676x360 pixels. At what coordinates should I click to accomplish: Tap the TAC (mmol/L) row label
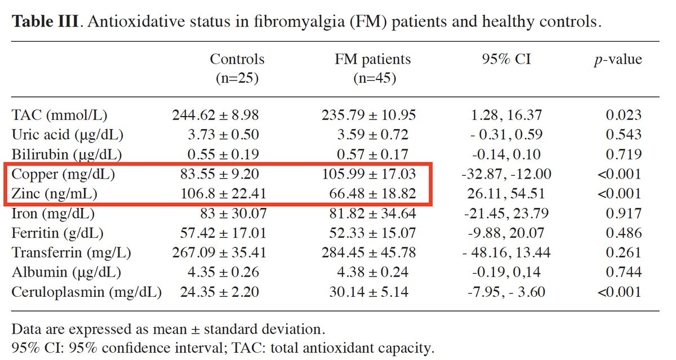click(59, 115)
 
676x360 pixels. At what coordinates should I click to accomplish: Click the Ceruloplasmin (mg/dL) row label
click(86, 292)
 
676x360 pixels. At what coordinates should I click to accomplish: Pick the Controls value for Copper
click(219, 175)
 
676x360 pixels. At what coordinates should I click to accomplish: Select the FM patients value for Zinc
click(373, 194)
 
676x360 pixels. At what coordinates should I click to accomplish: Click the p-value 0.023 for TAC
click(624, 115)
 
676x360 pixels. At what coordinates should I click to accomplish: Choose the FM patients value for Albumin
click(373, 273)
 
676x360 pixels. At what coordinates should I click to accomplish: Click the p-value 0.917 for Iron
click(624, 214)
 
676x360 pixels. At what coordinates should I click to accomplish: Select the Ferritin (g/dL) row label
click(59, 233)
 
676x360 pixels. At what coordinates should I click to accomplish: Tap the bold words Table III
click(47, 23)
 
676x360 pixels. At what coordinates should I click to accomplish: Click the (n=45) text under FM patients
click(374, 78)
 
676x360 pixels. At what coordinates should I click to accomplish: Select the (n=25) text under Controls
click(237, 78)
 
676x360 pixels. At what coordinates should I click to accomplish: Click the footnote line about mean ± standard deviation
click(168, 328)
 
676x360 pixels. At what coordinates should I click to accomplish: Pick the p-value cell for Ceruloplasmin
click(620, 292)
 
